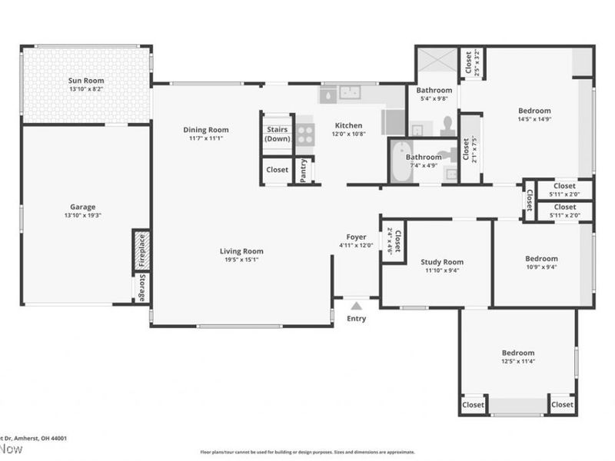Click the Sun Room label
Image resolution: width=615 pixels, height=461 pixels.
(85, 81)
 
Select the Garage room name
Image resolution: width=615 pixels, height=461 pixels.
(83, 207)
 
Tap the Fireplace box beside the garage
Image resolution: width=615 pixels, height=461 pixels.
(141, 250)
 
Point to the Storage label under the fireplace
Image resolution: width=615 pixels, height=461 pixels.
(141, 287)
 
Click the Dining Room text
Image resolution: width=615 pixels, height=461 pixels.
(205, 130)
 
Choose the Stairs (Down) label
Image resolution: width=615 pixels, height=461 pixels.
(277, 134)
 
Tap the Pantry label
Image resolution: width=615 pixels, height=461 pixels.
(304, 170)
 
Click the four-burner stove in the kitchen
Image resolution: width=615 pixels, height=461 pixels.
(305, 135)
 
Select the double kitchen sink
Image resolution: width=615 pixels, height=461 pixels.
(351, 94)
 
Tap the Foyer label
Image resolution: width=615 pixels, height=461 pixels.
(356, 237)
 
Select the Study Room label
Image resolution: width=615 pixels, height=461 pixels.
(442, 262)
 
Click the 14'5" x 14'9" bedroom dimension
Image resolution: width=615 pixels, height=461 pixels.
(534, 119)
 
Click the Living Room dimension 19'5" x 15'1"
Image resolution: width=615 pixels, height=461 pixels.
(241, 260)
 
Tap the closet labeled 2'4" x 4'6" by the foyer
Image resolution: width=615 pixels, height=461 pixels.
(392, 241)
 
